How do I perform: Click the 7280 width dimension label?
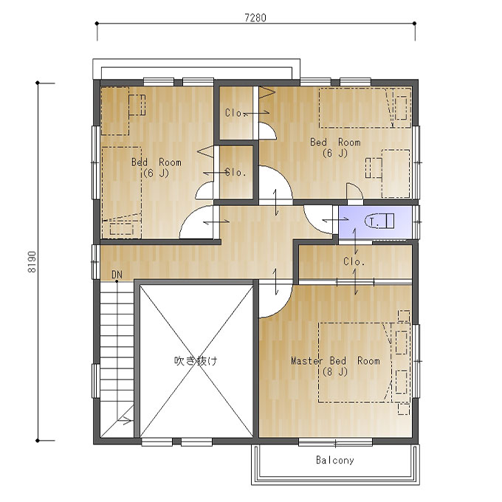tap(255, 18)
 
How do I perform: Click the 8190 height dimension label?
tap(32, 261)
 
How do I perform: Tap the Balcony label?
tap(335, 460)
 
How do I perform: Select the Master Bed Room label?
tap(335, 361)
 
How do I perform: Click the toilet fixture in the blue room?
tap(379, 221)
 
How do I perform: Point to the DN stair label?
tap(117, 275)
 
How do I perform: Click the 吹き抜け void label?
tap(196, 361)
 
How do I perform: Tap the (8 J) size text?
tap(335, 371)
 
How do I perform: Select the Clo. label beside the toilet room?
tap(354, 261)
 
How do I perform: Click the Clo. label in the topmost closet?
tap(235, 113)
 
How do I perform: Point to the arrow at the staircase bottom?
tap(125, 420)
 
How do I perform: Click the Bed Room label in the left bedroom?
tap(157, 162)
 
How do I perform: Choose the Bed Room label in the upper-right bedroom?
tap(335, 142)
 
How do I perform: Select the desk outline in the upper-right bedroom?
tap(396, 173)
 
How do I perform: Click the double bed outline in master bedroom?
tap(355, 362)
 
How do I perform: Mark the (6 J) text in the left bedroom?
tap(156, 173)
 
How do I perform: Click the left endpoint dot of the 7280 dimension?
tap(97, 23)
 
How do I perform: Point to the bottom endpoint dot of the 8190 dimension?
tap(38, 441)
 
